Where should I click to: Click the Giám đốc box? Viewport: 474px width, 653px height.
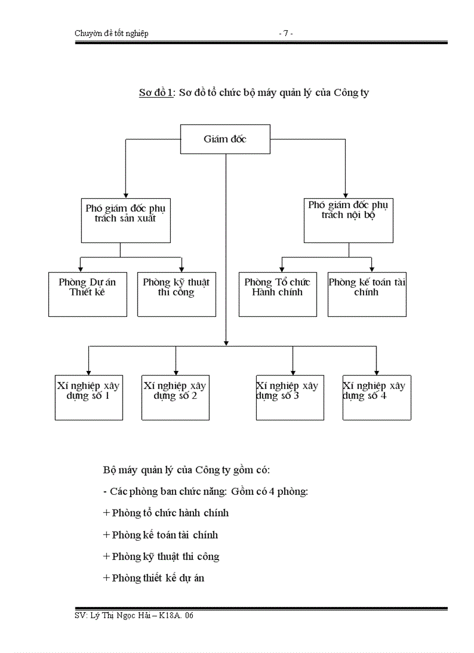225,139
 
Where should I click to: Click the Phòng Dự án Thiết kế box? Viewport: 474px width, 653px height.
87,294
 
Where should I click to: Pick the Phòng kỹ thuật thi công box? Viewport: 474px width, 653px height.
177,294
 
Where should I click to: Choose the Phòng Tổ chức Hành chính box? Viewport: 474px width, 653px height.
278,294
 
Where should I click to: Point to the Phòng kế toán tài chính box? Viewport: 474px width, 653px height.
367,294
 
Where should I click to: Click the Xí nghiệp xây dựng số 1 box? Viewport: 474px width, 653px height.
89,397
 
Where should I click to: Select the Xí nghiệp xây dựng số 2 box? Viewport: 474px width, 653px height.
175,397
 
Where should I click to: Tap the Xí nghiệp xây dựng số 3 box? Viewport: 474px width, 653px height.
290,397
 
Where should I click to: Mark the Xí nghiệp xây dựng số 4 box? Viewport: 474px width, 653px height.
376,397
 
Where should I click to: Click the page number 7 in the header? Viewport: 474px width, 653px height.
285,34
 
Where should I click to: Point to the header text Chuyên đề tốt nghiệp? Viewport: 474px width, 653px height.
112,34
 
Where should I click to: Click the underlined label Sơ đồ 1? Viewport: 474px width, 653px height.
156,92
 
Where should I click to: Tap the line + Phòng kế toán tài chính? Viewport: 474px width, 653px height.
160,535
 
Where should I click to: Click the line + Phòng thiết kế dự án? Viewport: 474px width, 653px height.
153,578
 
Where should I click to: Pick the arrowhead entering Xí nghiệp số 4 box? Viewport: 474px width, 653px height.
376,372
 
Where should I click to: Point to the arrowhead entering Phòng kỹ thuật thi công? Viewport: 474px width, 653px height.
182,269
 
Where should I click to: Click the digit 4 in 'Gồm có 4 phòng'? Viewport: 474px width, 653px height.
272,491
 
